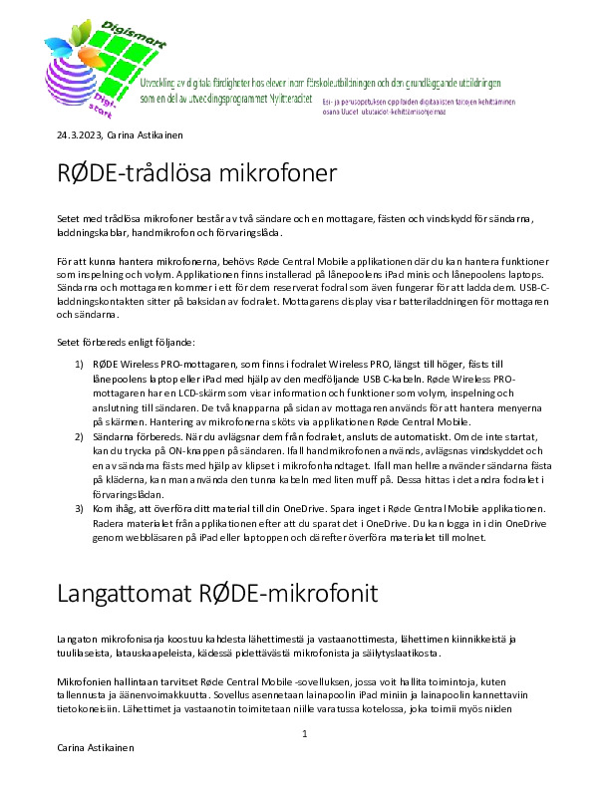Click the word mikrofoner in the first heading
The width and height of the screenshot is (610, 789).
pyautogui.click(x=274, y=174)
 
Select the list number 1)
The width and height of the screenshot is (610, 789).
pyautogui.click(x=81, y=366)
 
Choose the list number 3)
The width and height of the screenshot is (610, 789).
pyautogui.click(x=81, y=507)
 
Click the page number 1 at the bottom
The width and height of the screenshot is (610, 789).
pyautogui.click(x=305, y=734)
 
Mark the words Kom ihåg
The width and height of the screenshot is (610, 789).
pyautogui.click(x=114, y=507)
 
